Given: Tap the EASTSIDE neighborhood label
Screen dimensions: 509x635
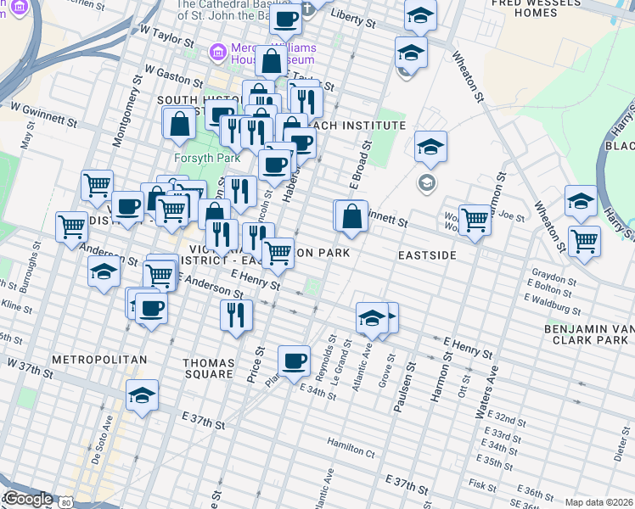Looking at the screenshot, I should click(x=428, y=255).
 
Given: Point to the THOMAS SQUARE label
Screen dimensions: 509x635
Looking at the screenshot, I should click(x=208, y=368).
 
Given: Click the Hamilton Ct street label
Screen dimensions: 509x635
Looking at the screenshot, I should click(x=351, y=443).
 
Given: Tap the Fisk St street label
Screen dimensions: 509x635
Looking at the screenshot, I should click(x=482, y=486).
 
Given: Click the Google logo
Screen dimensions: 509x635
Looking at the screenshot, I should click(x=27, y=499).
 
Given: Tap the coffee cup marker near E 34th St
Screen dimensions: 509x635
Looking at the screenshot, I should click(x=295, y=361).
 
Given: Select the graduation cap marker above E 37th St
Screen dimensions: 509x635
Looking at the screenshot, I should click(x=142, y=394).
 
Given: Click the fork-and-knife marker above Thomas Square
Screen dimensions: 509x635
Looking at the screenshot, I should click(x=235, y=314).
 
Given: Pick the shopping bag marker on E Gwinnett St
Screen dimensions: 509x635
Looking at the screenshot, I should click(x=351, y=216).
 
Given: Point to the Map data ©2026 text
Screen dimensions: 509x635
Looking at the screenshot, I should click(x=598, y=502).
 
